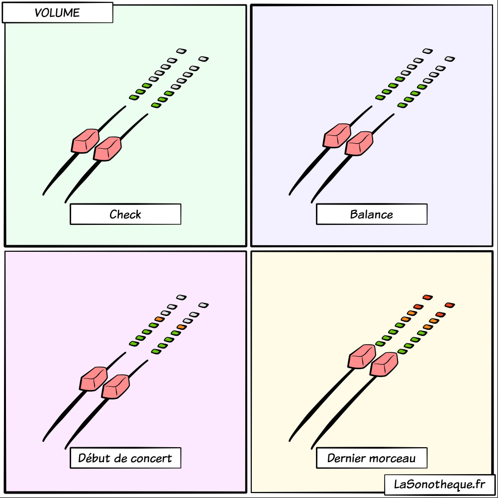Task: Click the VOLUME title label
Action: pos(57,13)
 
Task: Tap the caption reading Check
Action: pos(125,214)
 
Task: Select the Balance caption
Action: pos(372,214)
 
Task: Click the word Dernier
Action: pos(346,458)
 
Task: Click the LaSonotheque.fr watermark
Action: pos(440,485)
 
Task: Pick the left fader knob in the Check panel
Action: pos(85,141)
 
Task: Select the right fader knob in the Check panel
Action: pos(107,149)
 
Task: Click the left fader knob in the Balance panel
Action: pos(337,136)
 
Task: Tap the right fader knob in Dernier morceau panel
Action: pos(384,364)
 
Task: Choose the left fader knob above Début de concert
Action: pos(94,379)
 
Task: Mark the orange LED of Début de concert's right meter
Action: pos(182,327)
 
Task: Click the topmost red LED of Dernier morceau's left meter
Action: pos(427,298)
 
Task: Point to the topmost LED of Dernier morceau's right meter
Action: pos(450,305)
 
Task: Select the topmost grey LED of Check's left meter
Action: pos(182,51)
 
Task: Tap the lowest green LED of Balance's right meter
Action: pos(402,105)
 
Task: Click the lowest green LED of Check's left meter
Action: pos(134,97)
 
